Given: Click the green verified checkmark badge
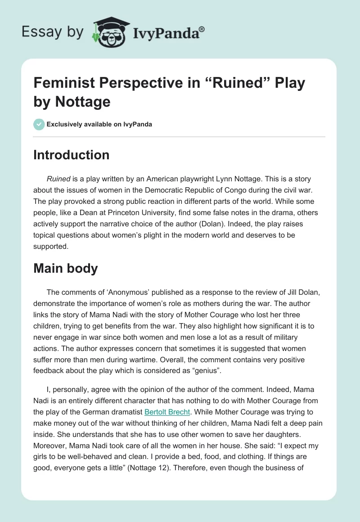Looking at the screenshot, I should tap(39, 124).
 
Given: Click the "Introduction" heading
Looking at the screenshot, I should tap(72, 155).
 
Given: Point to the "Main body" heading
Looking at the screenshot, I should tap(66, 268).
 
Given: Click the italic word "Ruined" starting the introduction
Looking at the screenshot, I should tap(59, 179).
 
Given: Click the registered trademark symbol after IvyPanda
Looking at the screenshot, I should tap(202, 29).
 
